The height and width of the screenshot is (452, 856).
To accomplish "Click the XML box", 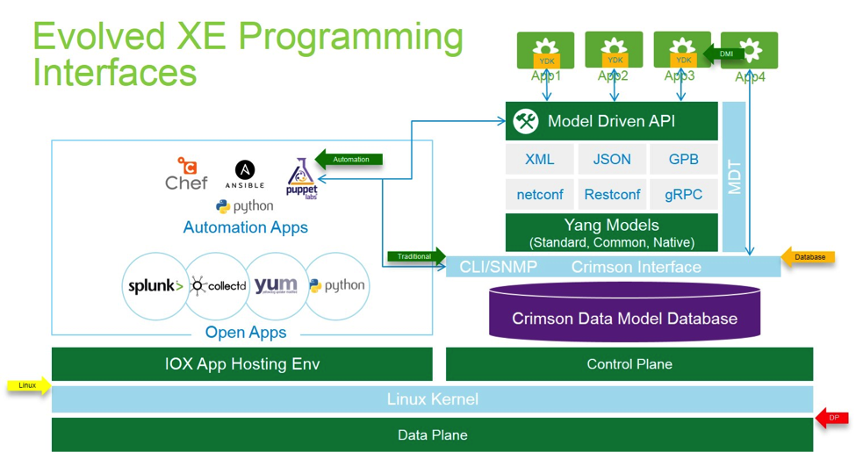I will [540, 159].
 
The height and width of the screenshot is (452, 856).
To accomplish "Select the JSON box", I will [612, 159].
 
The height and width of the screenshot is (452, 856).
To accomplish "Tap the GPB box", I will [683, 159].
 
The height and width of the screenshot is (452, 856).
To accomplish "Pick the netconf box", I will [540, 194].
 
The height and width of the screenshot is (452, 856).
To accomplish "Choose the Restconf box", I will [612, 194].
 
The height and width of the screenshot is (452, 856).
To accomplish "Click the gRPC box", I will [683, 194].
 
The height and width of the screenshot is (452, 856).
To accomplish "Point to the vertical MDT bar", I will [734, 176].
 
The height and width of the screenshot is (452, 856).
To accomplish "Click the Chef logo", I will [187, 174].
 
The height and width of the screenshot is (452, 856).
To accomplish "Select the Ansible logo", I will [245, 174].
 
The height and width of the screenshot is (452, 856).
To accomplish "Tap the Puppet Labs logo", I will [301, 178].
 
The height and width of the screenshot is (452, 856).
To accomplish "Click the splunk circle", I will [155, 286].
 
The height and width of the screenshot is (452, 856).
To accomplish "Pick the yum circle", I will [276, 286].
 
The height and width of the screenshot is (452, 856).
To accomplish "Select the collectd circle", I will [216, 286].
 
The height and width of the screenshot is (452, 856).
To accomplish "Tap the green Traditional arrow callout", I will [416, 256].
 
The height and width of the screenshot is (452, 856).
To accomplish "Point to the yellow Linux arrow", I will [29, 385].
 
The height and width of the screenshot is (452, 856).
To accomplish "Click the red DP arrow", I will [832, 418].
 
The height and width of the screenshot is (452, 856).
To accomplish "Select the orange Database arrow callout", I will [809, 257].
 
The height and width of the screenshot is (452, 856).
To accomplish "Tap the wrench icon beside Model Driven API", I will [526, 121].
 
